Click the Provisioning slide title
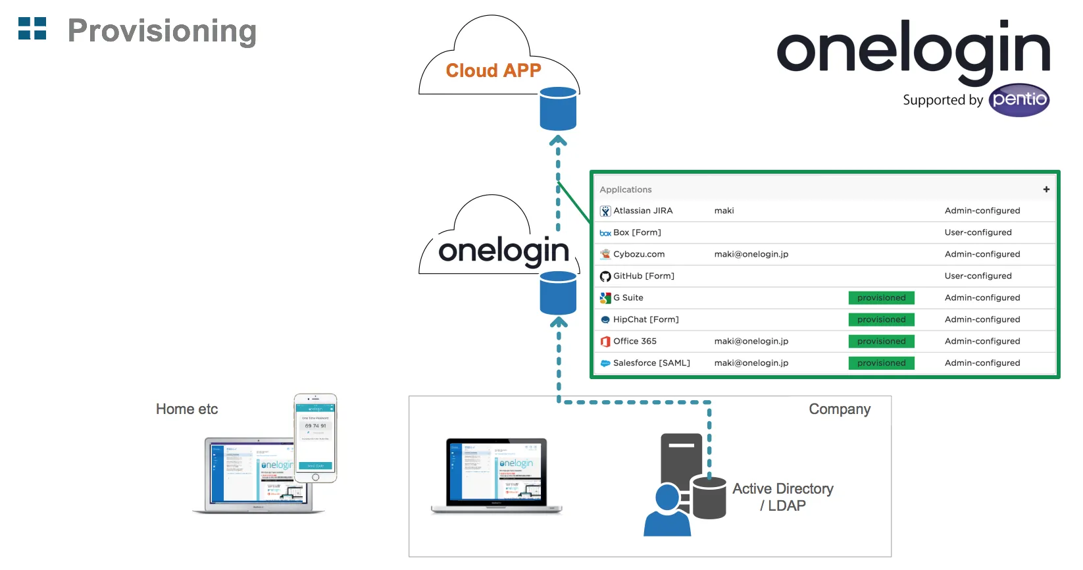click(x=162, y=31)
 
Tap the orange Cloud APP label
click(x=493, y=70)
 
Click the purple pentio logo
click(x=1019, y=100)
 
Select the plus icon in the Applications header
click(x=1046, y=190)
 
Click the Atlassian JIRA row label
click(x=643, y=211)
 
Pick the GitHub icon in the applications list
click(x=605, y=276)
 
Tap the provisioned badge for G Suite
click(x=881, y=298)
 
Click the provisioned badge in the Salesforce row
click(x=881, y=363)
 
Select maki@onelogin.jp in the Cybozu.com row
click(x=751, y=254)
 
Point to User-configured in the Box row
click(x=978, y=232)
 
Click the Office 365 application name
click(x=634, y=341)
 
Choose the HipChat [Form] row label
click(x=645, y=319)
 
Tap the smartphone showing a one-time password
click(x=315, y=438)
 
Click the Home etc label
click(x=187, y=409)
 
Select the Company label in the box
click(x=840, y=409)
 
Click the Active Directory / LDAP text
click(x=782, y=497)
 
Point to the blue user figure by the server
click(x=667, y=511)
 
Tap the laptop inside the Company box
click(x=497, y=475)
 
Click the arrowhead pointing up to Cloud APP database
click(x=558, y=140)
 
